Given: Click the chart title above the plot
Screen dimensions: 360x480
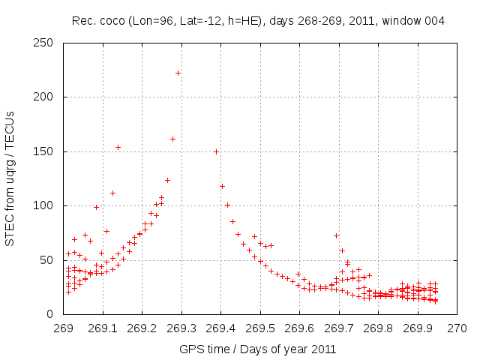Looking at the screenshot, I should (x=258, y=21).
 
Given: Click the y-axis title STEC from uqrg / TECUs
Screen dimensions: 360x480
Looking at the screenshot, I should (x=10, y=178).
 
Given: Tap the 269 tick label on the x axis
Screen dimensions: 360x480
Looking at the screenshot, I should (x=64, y=328).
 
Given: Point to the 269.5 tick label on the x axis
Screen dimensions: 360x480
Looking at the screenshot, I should (x=260, y=328).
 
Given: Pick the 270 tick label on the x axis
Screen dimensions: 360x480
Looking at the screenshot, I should (x=457, y=328).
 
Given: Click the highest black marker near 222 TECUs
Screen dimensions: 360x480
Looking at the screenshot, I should (x=178, y=73).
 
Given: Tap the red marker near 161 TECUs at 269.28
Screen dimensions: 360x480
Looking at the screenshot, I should (x=172, y=139).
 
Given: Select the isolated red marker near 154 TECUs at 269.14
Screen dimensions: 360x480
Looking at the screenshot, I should (x=118, y=147).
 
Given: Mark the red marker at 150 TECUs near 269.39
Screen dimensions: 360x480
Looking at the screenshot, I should (x=216, y=151).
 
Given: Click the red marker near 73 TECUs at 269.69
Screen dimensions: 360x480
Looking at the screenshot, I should (x=336, y=235).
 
